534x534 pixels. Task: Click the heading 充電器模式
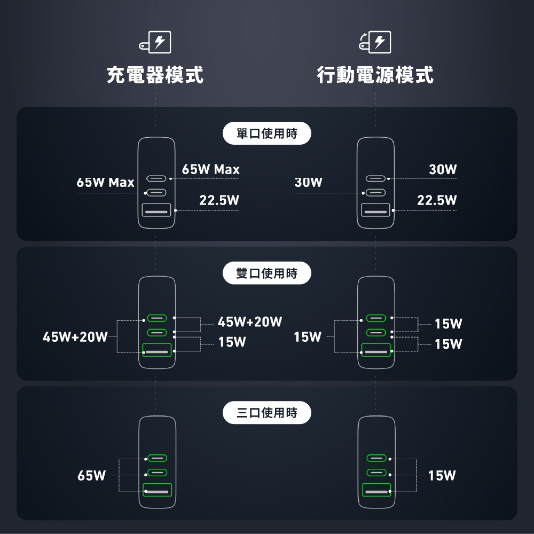pos(155,75)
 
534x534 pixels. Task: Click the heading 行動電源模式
pos(375,75)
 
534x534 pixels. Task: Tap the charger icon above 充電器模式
pos(155,43)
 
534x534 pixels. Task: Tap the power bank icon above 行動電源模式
pos(375,42)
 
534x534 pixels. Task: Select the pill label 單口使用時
pos(266,133)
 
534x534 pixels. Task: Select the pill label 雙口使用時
pos(266,273)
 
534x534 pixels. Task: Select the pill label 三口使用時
pos(266,412)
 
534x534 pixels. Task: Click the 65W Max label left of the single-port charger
pos(105,183)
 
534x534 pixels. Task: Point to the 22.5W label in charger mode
pos(219,201)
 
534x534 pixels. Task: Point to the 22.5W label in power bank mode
pos(437,201)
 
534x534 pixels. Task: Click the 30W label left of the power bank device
pos(309,183)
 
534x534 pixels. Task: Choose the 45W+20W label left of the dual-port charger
pos(75,337)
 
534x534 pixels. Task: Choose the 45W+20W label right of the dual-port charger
pos(250,322)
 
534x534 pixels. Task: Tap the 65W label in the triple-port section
pos(91,475)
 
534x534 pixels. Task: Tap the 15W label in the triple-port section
pos(442,475)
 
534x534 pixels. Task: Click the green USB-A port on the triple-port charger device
pos(157,490)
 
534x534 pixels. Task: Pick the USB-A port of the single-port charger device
pos(156,210)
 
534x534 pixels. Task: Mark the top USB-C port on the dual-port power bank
pos(376,319)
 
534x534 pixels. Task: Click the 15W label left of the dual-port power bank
pos(308,337)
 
